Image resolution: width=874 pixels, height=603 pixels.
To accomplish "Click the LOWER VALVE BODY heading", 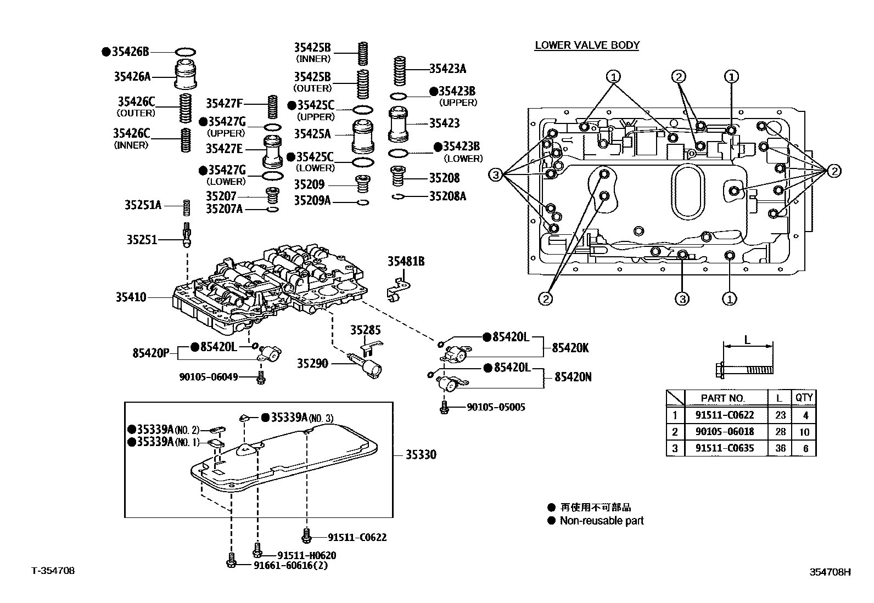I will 587,45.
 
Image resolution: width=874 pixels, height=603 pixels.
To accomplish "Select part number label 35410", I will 131,297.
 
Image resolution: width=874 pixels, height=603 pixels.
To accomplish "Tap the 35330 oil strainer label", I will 421,454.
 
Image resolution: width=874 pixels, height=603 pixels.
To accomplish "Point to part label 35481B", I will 406,262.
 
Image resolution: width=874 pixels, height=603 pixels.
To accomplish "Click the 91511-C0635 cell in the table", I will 724,448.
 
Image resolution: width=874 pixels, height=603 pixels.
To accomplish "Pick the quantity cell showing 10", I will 804,432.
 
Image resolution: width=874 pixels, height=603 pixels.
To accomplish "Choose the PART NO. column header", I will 722,398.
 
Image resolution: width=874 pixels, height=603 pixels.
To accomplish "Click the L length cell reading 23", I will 780,415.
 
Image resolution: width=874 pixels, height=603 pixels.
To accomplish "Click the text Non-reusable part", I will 601,521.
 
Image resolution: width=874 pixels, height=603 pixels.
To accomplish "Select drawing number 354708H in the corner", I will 830,572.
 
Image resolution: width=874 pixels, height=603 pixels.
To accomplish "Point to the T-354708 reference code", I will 53,571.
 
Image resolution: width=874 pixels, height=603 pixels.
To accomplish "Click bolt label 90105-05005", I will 496,407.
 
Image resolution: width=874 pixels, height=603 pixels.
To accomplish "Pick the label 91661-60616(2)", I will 290,566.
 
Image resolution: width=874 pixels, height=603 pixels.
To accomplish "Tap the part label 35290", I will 312,363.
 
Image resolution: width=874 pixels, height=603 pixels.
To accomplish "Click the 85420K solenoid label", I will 570,347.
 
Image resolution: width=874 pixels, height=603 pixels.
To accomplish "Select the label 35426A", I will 132,76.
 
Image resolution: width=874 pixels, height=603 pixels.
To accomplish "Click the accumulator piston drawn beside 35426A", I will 186,75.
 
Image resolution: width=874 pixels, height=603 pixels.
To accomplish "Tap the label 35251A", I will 143,205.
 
